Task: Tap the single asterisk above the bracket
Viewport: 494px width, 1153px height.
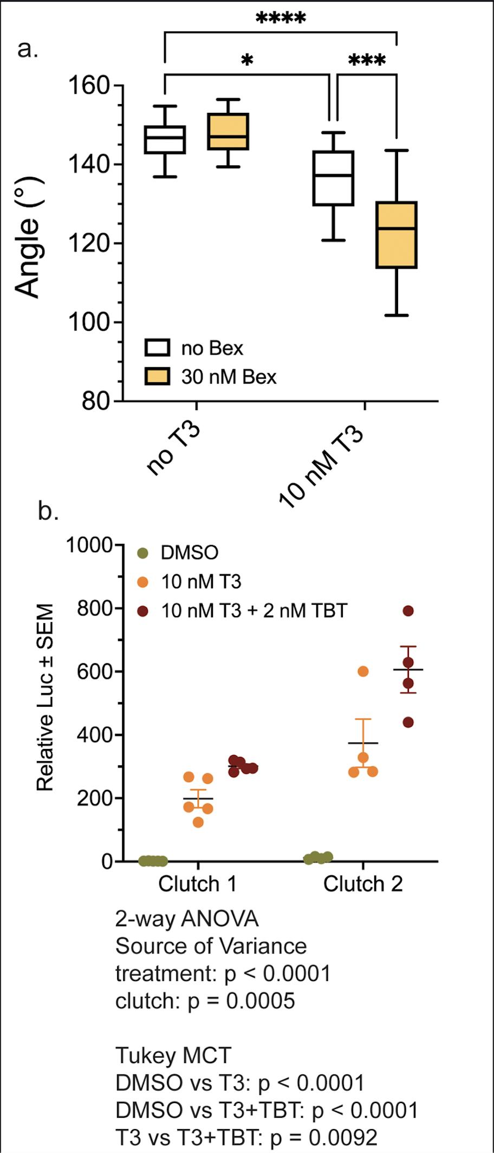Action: pyautogui.click(x=247, y=60)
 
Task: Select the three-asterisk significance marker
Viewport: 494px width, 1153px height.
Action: pyautogui.click(x=367, y=60)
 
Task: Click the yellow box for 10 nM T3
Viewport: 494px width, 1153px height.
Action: pyautogui.click(x=396, y=234)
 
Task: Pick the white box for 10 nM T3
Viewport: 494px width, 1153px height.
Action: pyautogui.click(x=334, y=178)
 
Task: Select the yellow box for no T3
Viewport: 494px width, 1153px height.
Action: pyautogui.click(x=229, y=131)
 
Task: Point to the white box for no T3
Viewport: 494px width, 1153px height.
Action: pyautogui.click(x=165, y=140)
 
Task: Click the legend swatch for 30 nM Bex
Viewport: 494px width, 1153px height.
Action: pyautogui.click(x=157, y=376)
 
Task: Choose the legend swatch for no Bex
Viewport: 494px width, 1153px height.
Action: pyautogui.click(x=157, y=348)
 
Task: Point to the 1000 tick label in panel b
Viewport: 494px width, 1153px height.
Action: pyautogui.click(x=89, y=545)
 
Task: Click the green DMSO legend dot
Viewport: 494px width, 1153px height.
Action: pyautogui.click(x=143, y=553)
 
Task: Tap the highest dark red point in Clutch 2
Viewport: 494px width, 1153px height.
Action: pyautogui.click(x=408, y=611)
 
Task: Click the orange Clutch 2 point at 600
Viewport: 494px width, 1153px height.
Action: pyautogui.click(x=363, y=671)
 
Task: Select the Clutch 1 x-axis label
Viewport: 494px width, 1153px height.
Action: pyautogui.click(x=197, y=884)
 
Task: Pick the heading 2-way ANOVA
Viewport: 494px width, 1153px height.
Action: pyautogui.click(x=187, y=918)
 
